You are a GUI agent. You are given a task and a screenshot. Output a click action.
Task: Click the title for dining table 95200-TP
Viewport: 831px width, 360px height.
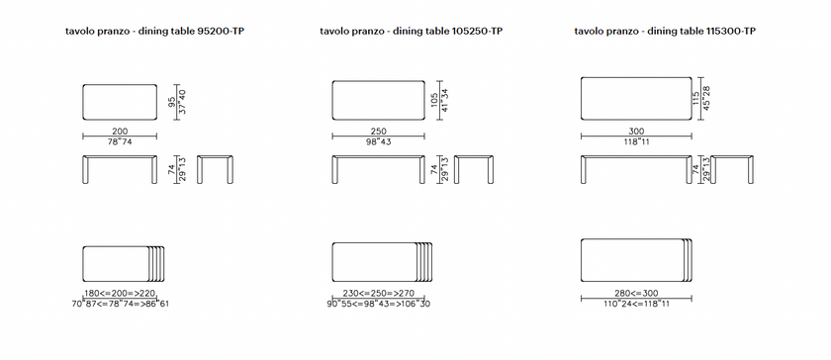point(154,32)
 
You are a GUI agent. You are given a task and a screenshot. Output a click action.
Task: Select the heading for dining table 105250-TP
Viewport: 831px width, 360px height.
point(412,32)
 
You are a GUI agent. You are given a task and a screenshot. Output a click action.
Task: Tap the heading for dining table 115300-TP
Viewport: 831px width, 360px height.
point(665,32)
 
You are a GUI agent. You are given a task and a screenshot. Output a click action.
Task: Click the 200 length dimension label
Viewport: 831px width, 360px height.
point(120,131)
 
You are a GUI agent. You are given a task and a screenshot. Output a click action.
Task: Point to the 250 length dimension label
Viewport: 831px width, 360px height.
point(378,131)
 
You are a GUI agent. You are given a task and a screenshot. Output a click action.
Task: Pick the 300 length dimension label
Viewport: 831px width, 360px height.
point(636,131)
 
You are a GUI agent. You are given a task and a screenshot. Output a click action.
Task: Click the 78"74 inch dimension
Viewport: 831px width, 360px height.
point(120,141)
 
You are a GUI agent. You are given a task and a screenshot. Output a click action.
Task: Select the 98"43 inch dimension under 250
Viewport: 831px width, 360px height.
point(378,141)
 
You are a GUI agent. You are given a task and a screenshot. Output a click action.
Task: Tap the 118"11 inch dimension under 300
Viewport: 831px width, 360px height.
point(636,141)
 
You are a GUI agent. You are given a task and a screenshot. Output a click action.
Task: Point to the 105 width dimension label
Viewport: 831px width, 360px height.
point(434,100)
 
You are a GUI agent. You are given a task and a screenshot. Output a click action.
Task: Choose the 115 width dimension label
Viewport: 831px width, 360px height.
point(695,99)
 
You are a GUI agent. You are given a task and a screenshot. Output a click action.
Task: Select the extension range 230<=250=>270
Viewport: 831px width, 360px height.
point(379,293)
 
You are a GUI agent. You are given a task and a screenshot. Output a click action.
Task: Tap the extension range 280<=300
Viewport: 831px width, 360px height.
point(636,293)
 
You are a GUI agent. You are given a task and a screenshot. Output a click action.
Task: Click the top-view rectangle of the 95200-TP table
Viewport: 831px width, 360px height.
point(120,84)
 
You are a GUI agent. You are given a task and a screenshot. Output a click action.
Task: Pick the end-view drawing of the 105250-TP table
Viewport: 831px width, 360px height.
point(473,156)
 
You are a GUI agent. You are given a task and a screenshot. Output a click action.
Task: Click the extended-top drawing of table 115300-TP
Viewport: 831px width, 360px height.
point(636,239)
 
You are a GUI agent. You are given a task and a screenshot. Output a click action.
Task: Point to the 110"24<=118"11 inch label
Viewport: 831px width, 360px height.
point(636,304)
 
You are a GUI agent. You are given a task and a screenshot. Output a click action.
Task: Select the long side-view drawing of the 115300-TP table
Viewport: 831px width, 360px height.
point(636,156)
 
